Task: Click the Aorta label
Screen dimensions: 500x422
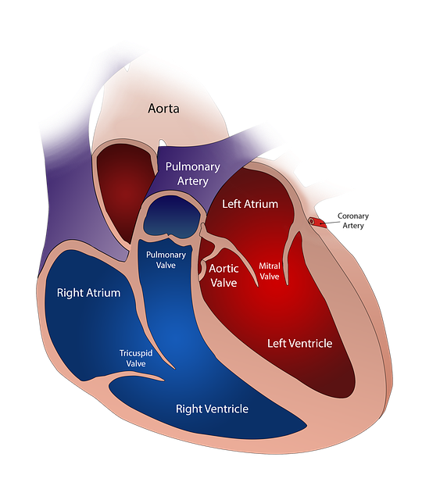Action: (163, 108)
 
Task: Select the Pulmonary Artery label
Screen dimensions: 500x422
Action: (191, 173)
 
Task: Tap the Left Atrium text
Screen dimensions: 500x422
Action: (250, 204)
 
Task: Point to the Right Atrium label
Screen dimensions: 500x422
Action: (88, 293)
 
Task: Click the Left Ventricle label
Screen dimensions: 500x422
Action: (299, 343)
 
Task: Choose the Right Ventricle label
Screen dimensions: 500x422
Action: (212, 409)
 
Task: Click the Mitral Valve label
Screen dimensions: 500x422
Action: (269, 271)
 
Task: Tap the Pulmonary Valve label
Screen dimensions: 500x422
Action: (166, 259)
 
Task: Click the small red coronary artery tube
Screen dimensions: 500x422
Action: (316, 222)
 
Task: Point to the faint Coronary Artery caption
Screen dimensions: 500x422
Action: (352, 220)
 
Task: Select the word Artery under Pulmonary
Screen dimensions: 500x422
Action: (192, 181)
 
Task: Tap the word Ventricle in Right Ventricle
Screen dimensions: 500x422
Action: (227, 409)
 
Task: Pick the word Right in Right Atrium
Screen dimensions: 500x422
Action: (70, 293)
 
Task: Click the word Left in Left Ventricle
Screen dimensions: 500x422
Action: (277, 343)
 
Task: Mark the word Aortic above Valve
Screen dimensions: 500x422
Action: (224, 268)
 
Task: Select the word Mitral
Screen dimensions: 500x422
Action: (269, 266)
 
